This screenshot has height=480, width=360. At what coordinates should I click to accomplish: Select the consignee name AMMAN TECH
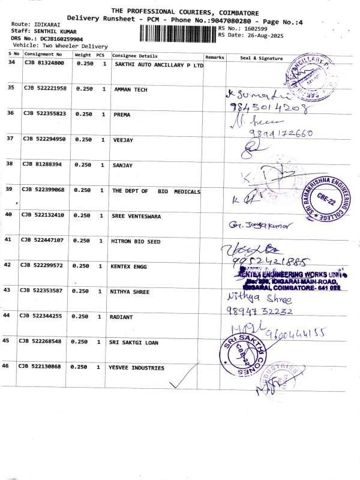tap(130, 89)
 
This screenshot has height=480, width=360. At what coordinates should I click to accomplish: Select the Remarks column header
tap(214, 57)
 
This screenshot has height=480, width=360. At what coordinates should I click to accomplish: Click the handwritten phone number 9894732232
tap(260, 311)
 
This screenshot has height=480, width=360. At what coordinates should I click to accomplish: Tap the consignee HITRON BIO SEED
tap(136, 241)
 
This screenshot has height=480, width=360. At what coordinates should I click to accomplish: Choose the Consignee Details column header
tap(135, 55)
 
